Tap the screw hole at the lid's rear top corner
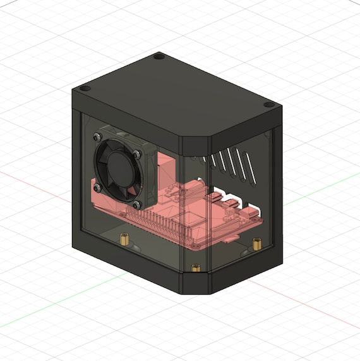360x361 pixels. pyautogui.click(x=159, y=56)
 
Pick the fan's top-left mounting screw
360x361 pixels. pyautogui.click(x=96, y=136)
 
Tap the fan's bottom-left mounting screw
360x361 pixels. pyautogui.click(x=96, y=187)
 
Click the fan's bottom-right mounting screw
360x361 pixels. pyautogui.click(x=137, y=204)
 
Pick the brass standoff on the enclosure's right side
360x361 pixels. pyautogui.click(x=256, y=243)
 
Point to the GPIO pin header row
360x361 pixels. pyautogui.click(x=164, y=222)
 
